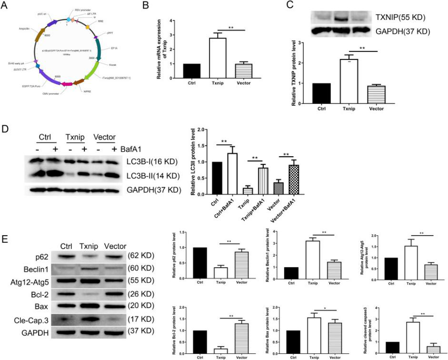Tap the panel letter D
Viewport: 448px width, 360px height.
click(x=7, y=130)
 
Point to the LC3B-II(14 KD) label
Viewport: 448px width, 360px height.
click(x=153, y=177)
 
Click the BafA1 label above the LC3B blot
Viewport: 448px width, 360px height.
click(x=131, y=149)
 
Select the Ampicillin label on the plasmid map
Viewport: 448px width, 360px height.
click(x=26, y=28)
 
